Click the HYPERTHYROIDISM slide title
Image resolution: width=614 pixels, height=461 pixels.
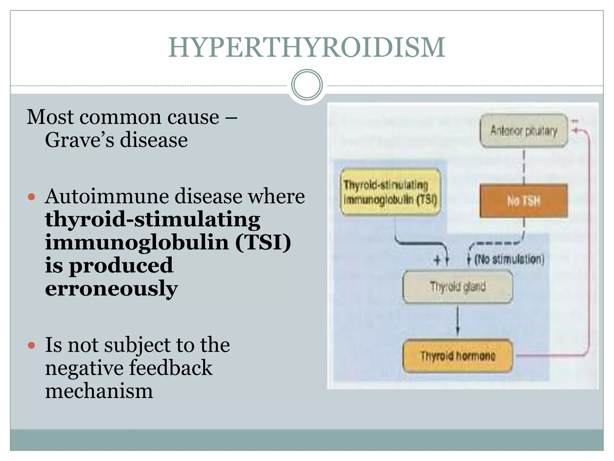[x=306, y=47]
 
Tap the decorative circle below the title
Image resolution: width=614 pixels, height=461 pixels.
[x=307, y=85]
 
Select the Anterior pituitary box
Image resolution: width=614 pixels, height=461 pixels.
[x=523, y=131]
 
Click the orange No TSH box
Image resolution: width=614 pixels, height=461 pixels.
[x=523, y=201]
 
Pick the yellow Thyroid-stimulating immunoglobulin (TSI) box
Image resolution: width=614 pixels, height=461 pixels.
[x=390, y=192]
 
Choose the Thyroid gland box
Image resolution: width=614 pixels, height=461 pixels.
[x=458, y=287]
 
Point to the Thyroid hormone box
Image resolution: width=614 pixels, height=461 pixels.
[x=458, y=356]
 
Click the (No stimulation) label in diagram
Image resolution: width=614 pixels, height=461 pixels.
[x=509, y=259]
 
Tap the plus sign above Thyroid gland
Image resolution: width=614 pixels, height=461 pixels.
[x=437, y=260]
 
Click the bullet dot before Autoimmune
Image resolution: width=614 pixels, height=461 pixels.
[x=31, y=197]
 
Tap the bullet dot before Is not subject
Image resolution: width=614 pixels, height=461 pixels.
[x=31, y=345]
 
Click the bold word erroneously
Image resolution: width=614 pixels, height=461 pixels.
[x=111, y=288]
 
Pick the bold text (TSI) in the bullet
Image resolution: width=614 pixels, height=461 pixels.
[x=263, y=242]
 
